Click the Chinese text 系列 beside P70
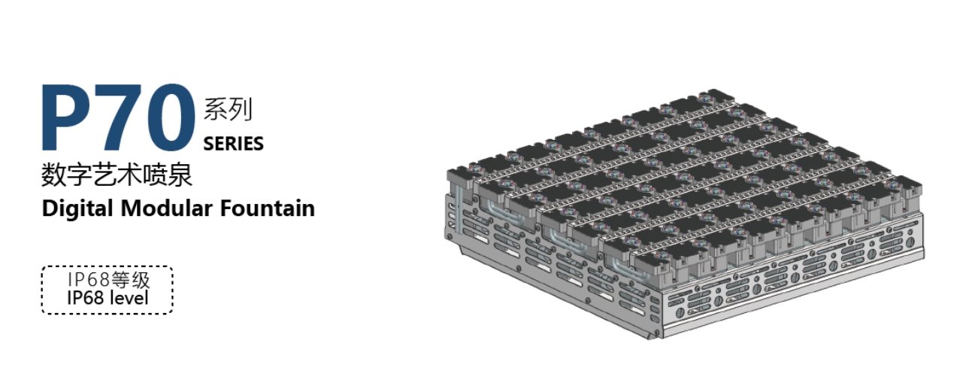pos(228,109)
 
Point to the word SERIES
pos(233,144)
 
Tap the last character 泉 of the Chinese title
pos(180,175)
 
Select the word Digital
pos(77,208)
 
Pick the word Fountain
pos(267,208)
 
